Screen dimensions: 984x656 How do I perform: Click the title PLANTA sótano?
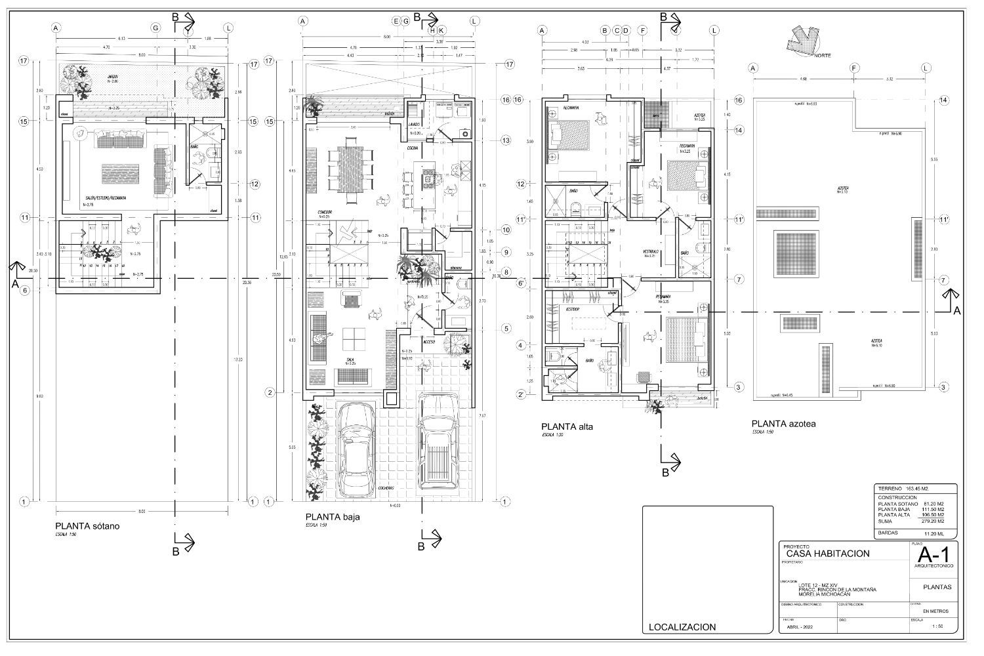point(87,525)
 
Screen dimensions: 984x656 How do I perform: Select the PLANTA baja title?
point(333,516)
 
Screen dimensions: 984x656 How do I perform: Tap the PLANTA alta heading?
point(567,426)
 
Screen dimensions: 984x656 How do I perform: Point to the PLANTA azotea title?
point(784,424)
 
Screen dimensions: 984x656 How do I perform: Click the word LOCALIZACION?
point(682,626)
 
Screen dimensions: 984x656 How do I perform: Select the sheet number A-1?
point(932,556)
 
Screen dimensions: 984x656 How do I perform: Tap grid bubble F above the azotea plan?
point(854,68)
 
